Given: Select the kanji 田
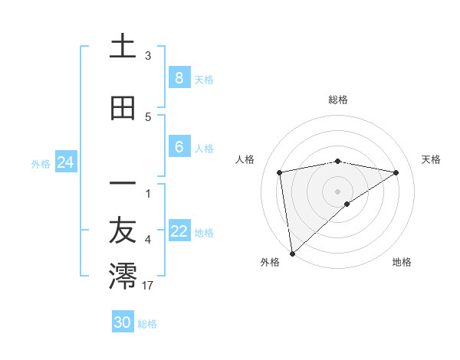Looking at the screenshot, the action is click(x=123, y=108).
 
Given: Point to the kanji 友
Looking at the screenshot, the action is click(x=123, y=232).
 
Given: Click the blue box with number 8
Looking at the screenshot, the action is click(x=179, y=78).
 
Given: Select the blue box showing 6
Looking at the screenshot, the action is click(x=179, y=148).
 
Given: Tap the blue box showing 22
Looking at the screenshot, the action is click(x=179, y=232).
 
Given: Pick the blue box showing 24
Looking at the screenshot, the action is click(x=65, y=162).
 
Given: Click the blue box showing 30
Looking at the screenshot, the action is click(x=123, y=322).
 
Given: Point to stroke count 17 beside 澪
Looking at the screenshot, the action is click(x=148, y=286).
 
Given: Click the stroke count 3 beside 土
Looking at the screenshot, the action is click(x=148, y=55).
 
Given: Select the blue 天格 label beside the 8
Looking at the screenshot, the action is click(x=204, y=79).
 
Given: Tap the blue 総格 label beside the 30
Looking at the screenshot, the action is click(x=147, y=324).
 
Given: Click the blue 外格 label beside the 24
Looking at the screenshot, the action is click(x=41, y=163).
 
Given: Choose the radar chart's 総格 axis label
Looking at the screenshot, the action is click(x=337, y=100).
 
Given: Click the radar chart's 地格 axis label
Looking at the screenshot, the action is click(x=402, y=262).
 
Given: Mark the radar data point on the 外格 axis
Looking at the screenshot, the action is click(x=292, y=253).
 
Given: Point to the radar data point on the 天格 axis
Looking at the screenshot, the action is click(x=396, y=172).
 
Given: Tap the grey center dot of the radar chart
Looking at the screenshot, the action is click(x=337, y=191).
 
